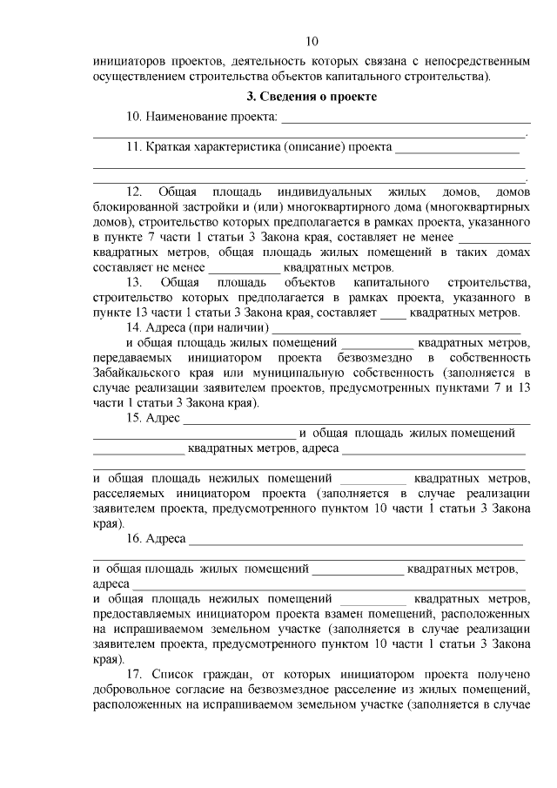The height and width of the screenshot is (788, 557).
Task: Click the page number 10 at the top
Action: tap(312, 41)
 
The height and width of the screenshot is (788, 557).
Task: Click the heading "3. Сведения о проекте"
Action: tap(312, 97)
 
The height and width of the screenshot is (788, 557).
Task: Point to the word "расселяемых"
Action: tap(129, 493)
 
